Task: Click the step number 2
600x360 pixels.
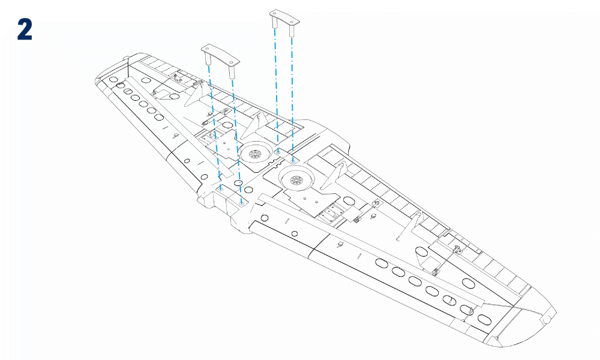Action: [x=25, y=30]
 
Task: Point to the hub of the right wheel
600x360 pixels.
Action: [x=296, y=180]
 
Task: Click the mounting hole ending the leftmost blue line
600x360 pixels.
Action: [x=221, y=189]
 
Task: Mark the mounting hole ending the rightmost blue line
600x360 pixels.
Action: [x=293, y=161]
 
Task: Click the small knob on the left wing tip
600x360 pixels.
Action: [x=125, y=58]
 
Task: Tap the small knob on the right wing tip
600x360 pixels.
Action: [x=547, y=319]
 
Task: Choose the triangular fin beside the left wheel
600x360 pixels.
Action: [x=255, y=126]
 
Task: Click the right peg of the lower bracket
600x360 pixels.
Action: [x=232, y=72]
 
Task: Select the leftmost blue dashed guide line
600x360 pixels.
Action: [x=215, y=127]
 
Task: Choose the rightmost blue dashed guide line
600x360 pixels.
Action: [x=292, y=99]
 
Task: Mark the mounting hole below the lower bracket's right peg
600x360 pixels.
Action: [x=241, y=203]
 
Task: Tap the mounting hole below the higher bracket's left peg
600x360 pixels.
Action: [x=278, y=152]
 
